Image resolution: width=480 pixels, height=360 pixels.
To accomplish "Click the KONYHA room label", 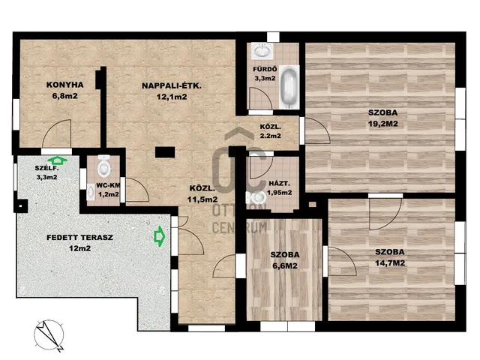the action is point(65,85).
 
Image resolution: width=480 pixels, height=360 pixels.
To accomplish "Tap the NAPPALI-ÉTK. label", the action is point(172,85).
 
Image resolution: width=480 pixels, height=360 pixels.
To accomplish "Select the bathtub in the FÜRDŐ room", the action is point(289,87).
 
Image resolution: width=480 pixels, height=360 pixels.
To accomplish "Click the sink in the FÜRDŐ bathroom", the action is point(262,50).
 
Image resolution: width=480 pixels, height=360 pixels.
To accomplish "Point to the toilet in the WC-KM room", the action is point(103,166).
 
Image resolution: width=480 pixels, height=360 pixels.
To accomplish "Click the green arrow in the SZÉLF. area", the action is point(58,160).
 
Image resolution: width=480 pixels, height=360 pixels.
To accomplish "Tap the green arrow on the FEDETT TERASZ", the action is point(159,236).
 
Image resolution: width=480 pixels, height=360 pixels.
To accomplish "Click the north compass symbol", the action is point(49,336).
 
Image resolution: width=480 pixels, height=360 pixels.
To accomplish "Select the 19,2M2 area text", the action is point(383,124).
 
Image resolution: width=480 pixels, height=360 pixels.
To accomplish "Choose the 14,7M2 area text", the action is point(390,263).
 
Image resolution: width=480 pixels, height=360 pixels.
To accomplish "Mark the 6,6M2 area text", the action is point(285,265).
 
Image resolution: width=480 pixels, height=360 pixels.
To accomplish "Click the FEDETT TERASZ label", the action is point(80,237).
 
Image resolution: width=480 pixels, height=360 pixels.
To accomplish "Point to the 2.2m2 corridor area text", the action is point(271,136).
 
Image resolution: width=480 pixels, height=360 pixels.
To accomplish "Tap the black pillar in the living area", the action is point(165,152).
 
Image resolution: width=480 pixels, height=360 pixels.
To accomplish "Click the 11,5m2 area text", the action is point(202,199).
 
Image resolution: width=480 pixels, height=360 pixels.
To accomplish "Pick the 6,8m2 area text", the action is point(65,96).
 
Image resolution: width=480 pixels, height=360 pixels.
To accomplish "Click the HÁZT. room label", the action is point(279,184).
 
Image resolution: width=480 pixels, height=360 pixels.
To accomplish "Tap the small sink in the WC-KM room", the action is point(91,192).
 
